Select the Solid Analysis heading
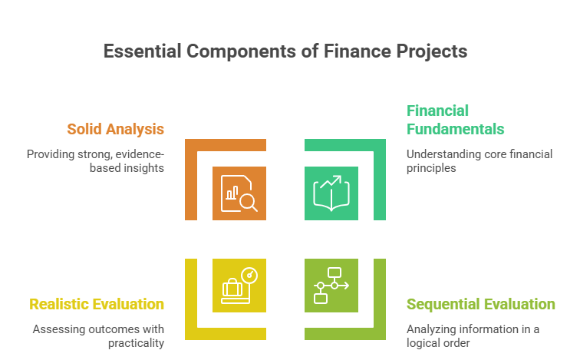click(115, 128)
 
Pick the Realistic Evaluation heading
click(97, 304)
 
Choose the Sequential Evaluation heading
click(480, 304)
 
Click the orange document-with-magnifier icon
click(239, 193)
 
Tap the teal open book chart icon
click(331, 193)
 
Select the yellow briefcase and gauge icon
click(239, 285)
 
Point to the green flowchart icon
click(331, 285)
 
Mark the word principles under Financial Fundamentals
click(432, 167)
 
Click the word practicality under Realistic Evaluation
click(136, 342)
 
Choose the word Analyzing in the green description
click(432, 329)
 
